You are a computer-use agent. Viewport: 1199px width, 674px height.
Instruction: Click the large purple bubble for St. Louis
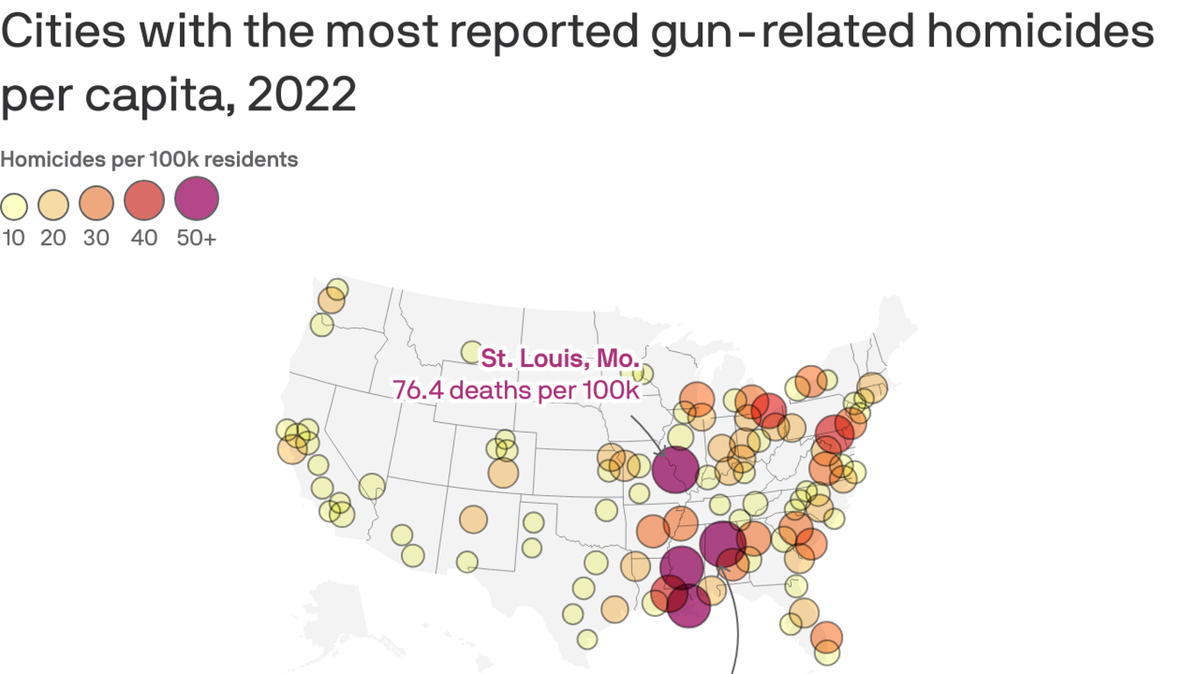click(675, 470)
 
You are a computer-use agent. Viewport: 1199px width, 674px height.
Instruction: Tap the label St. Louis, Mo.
click(560, 358)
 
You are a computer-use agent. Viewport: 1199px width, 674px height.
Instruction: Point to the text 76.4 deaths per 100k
click(516, 390)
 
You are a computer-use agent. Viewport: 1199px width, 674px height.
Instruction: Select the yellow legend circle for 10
click(14, 207)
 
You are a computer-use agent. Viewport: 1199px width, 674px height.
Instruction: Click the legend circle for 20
click(54, 205)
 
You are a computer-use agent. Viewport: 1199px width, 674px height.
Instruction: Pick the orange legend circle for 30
click(97, 203)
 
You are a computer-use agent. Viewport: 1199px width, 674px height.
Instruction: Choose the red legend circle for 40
click(144, 200)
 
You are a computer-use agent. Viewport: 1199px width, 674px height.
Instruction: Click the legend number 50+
click(196, 238)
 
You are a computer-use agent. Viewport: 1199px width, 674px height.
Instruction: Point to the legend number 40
click(144, 238)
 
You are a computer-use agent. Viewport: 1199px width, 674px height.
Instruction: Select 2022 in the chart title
click(302, 95)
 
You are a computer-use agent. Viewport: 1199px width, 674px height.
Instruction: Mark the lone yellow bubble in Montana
click(471, 352)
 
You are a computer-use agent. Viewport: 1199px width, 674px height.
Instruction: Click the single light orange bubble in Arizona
click(473, 520)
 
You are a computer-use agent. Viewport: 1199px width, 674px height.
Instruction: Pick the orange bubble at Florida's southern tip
click(827, 636)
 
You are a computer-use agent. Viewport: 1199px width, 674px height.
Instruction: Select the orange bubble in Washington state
click(331, 300)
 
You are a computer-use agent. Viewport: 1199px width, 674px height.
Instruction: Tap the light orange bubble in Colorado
click(504, 473)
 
